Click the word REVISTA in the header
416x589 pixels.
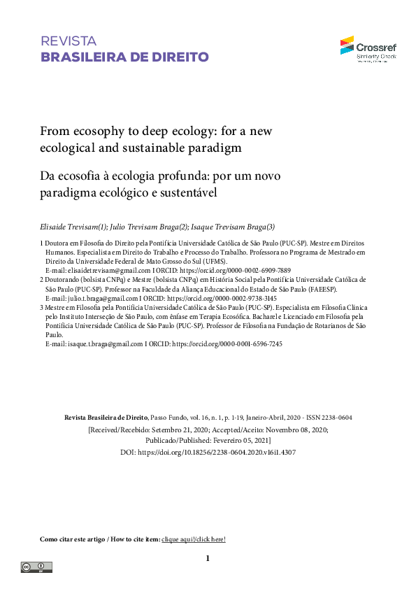pos(69,41)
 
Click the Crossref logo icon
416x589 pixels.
pos(347,45)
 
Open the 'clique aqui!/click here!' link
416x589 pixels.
pos(194,539)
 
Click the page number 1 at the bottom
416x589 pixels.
pos(208,558)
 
